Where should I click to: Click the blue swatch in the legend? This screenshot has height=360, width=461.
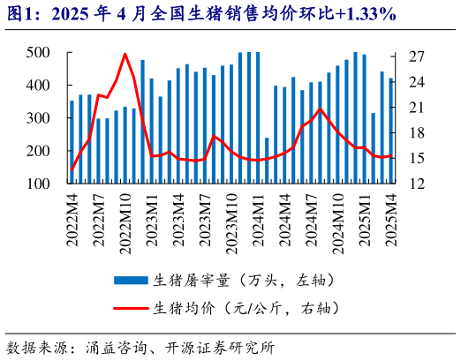click(131, 281)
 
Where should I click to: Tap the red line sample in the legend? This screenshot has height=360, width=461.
click(131, 309)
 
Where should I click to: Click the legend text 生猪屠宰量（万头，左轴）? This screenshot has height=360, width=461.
click(244, 281)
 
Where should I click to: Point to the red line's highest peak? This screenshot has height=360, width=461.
click(125, 55)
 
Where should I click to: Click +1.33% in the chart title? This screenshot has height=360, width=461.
click(361, 15)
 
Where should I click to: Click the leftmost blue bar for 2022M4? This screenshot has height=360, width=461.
click(72, 141)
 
